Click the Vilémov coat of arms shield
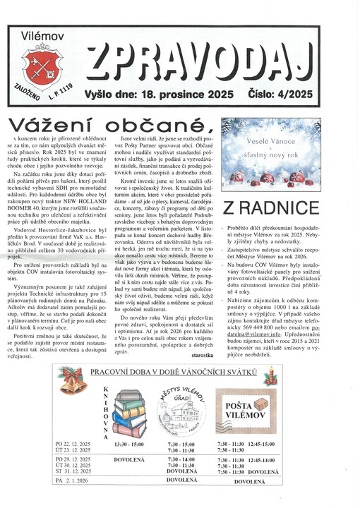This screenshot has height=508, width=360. coord(42,68)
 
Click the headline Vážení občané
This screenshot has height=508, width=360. coord(110,124)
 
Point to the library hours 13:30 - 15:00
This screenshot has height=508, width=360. coord(128,444)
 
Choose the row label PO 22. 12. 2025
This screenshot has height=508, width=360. coord(73,444)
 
